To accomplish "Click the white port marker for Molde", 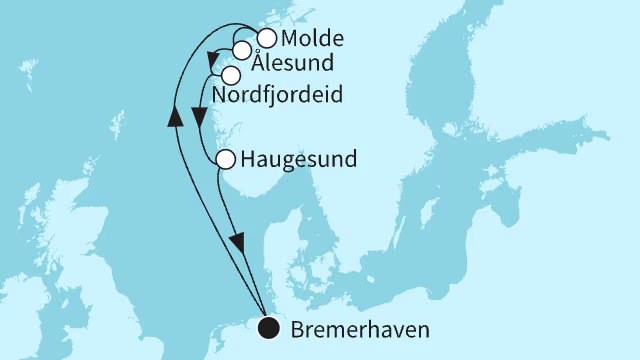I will [x=266, y=39].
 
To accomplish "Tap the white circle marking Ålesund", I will [x=242, y=51].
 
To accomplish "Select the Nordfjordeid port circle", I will [x=231, y=75].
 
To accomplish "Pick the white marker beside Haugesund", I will [x=226, y=159].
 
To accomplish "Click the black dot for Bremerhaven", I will [x=268, y=328].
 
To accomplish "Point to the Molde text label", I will [x=313, y=40].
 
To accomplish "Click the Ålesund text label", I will [x=292, y=64].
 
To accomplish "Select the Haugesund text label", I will [x=300, y=160].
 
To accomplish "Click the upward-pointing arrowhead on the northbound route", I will [x=175, y=116].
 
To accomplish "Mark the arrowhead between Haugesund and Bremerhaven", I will [x=237, y=243].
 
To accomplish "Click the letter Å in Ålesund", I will [x=259, y=63].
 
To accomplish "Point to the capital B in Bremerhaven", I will [x=295, y=328].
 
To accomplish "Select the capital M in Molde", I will [x=291, y=40].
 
